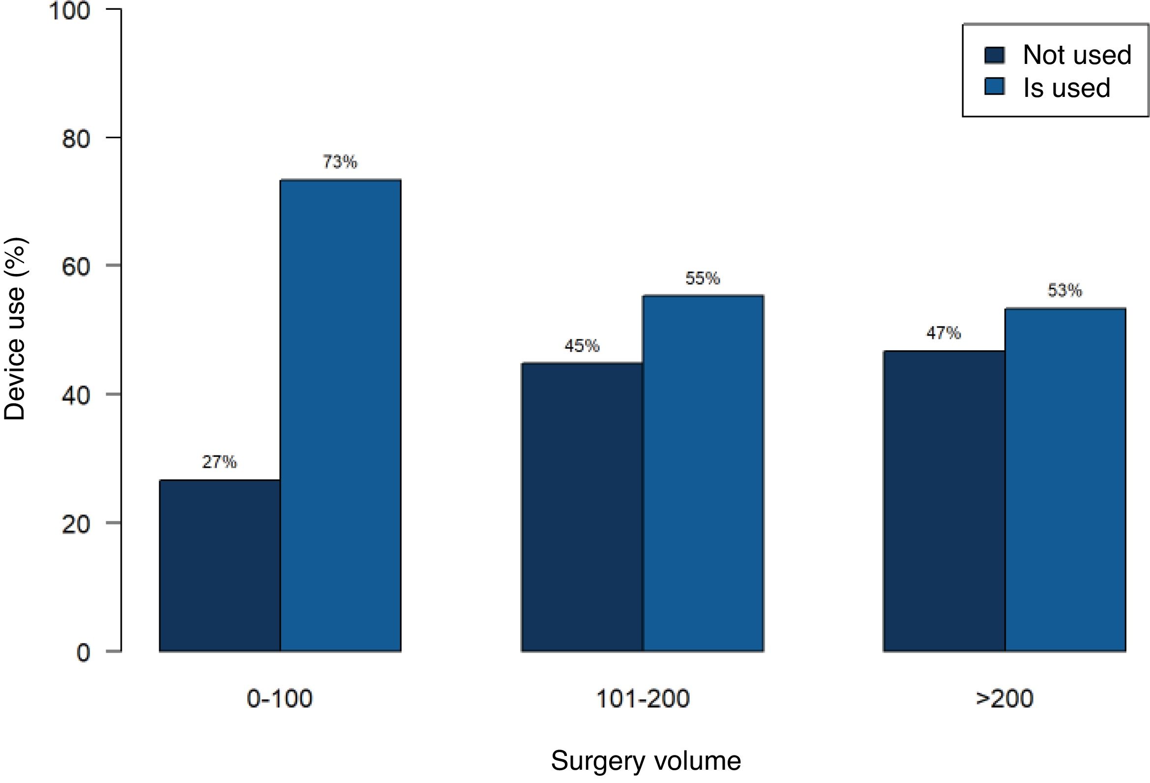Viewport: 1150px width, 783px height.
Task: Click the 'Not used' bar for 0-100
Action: (x=220, y=565)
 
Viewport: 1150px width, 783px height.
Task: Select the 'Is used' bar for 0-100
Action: (x=340, y=415)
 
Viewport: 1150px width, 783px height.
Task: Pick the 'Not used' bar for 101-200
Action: (x=582, y=507)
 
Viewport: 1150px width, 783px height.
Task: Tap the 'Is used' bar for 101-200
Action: (x=703, y=473)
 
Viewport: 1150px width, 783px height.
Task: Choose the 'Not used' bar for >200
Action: (x=944, y=501)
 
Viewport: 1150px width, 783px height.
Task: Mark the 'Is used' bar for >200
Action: (x=1065, y=480)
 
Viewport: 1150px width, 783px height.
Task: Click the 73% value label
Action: (x=340, y=162)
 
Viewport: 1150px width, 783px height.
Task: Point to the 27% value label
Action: (x=219, y=462)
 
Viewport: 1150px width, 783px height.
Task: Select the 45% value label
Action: (x=582, y=345)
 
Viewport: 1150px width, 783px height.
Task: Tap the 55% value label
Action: (x=703, y=278)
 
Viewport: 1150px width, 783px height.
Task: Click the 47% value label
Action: (x=944, y=333)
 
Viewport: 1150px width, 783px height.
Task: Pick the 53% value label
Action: (x=1065, y=290)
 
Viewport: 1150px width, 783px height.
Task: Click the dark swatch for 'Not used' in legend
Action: (x=995, y=56)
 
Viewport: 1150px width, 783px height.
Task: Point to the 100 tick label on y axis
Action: (x=69, y=10)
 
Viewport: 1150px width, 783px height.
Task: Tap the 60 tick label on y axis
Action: (x=76, y=266)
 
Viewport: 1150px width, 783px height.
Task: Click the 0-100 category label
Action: (x=280, y=699)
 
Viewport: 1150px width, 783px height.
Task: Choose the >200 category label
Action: (x=1004, y=699)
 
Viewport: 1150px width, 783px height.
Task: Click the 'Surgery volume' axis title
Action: (x=646, y=761)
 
